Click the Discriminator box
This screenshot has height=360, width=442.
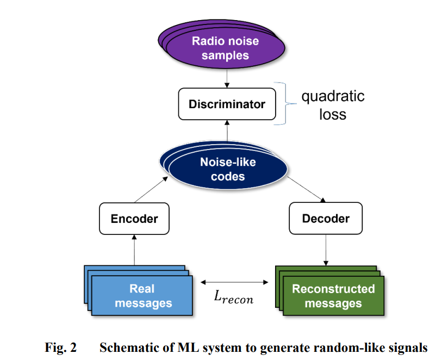tap(227, 104)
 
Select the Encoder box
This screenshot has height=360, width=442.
tap(134, 219)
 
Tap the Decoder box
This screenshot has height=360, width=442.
tap(326, 219)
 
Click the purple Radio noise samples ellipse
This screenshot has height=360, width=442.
tap(222, 44)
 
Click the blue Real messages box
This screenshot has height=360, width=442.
tap(139, 290)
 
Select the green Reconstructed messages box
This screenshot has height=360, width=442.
tap(329, 290)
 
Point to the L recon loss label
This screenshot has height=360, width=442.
tap(233, 297)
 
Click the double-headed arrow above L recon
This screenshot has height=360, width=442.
tap(234, 282)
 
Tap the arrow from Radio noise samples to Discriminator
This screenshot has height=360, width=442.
tap(227, 78)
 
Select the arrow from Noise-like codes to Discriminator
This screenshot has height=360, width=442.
tap(227, 131)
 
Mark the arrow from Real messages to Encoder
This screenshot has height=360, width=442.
tap(134, 250)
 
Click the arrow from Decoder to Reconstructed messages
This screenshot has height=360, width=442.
tap(326, 250)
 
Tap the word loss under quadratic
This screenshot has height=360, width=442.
tap(333, 114)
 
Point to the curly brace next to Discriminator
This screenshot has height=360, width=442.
tap(285, 103)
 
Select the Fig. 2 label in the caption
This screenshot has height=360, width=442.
tap(60, 347)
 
